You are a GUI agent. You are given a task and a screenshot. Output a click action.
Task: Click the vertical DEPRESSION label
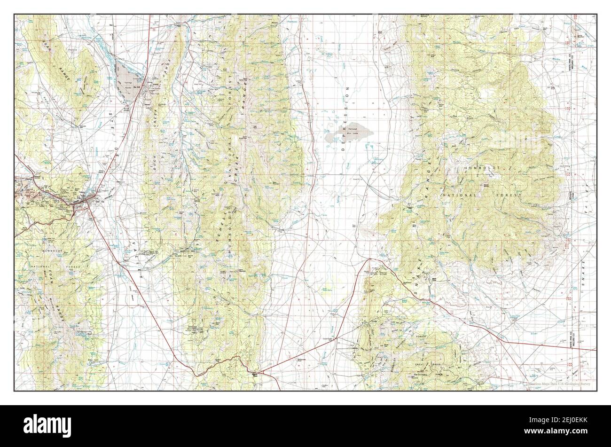tap(348, 118)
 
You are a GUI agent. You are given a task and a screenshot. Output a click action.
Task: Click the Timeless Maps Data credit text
tap(559, 384)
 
